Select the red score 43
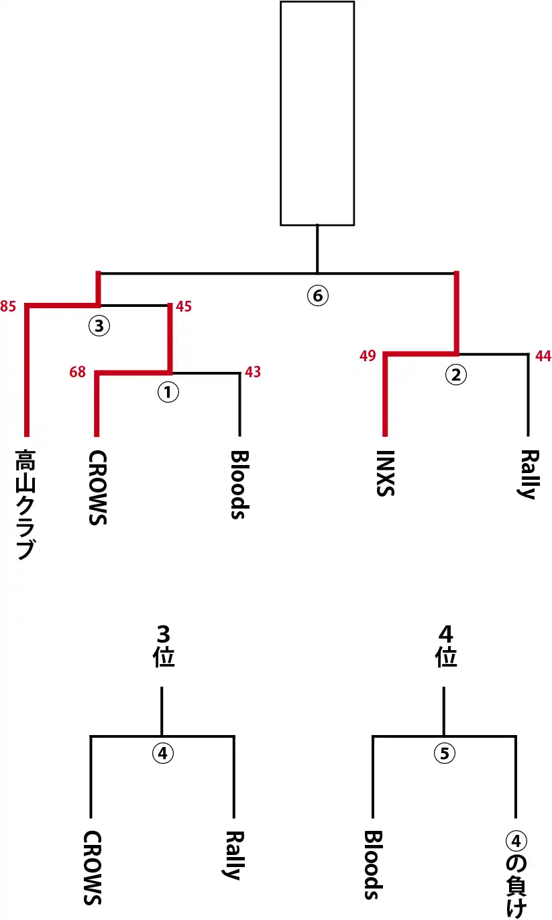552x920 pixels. pyautogui.click(x=252, y=371)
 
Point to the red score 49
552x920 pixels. pyautogui.click(x=367, y=355)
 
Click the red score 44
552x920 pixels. pyautogui.click(x=542, y=356)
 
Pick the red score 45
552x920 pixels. pyautogui.click(x=184, y=307)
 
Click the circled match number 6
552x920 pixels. pyautogui.click(x=317, y=295)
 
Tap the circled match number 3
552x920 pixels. pyautogui.click(x=99, y=326)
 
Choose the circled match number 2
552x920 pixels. pyautogui.click(x=456, y=375)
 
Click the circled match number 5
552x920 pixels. pyautogui.click(x=444, y=753)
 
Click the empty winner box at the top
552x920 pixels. pyautogui.click(x=317, y=113)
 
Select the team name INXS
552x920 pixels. pyautogui.click(x=385, y=473)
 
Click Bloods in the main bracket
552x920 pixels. pyautogui.click(x=239, y=484)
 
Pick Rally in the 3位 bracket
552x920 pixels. pyautogui.click(x=233, y=855)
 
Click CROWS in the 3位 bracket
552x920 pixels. pyautogui.click(x=93, y=868)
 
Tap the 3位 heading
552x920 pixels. pyautogui.click(x=163, y=645)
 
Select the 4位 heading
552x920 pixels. pyautogui.click(x=446, y=645)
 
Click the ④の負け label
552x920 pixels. pyautogui.click(x=516, y=874)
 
